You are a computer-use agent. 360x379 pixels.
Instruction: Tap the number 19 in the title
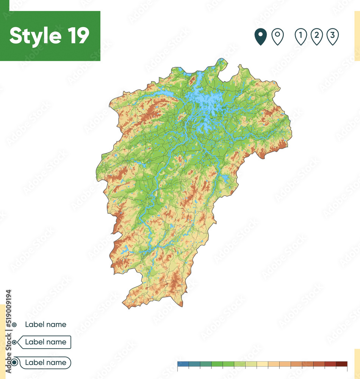(77, 36)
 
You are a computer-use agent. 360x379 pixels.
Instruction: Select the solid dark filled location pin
(260, 37)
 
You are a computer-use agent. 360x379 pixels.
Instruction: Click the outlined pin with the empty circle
(278, 37)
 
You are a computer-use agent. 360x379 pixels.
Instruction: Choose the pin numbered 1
(301, 37)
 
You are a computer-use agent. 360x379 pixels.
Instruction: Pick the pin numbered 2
(316, 37)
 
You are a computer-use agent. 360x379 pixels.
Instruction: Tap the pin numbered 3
(332, 37)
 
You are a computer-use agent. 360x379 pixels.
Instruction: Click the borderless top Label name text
(45, 324)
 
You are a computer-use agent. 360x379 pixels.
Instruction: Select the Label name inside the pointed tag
(45, 342)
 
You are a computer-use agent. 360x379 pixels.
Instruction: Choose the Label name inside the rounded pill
(45, 362)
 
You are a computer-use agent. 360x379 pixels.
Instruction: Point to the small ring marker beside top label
(14, 325)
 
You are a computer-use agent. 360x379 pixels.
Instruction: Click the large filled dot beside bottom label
(14, 363)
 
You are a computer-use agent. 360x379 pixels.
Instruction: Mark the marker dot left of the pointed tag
(14, 342)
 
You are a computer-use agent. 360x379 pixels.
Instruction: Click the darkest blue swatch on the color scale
(183, 364)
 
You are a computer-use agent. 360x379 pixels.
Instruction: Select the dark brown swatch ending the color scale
(341, 364)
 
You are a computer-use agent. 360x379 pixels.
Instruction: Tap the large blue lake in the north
(207, 102)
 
